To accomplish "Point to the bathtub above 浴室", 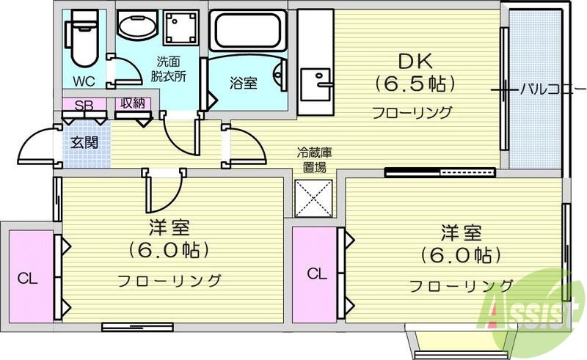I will point(247,31).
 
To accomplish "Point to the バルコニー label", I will point(545,90).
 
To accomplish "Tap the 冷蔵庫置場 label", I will point(315,160).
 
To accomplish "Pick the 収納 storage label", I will point(133,104).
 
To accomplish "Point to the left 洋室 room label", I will point(169,226).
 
